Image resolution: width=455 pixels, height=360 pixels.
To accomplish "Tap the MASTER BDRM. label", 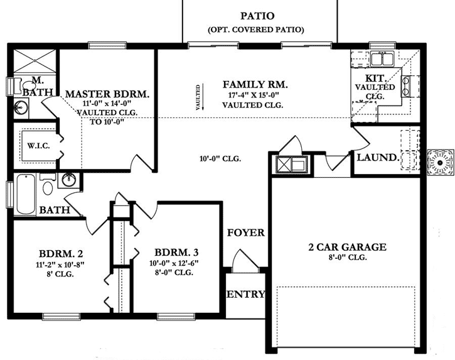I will coord(107,94).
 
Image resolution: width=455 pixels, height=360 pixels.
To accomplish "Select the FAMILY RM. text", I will coord(255,84).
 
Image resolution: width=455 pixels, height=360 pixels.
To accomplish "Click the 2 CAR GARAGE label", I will coord(346,247).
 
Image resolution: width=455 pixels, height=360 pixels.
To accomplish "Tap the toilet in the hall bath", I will coord(48,186).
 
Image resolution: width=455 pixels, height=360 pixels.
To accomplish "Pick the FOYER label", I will coord(245,232).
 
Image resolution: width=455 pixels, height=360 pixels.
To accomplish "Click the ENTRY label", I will coord(245,294).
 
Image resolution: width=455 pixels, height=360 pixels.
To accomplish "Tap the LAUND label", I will coord(377,157).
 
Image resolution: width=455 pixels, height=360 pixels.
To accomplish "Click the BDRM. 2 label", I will coord(61,254).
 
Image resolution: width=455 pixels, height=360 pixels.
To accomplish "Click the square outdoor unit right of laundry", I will coord(440,162).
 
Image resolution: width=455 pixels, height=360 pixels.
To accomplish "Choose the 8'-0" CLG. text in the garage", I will coord(346,258).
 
